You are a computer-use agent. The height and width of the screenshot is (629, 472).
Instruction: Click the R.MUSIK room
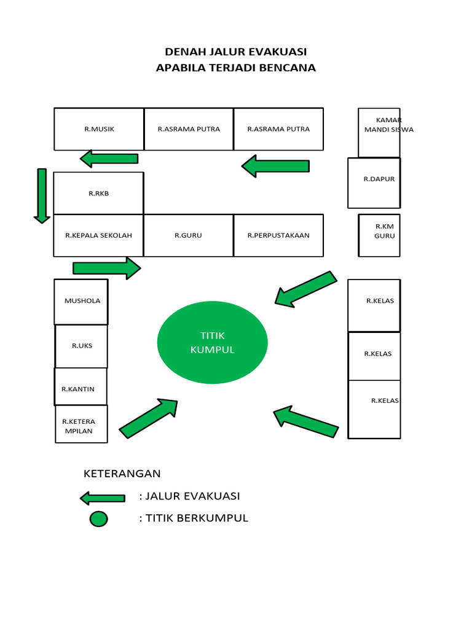pyautogui.click(x=99, y=129)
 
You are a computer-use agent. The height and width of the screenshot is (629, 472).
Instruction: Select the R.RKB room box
pyautogui.click(x=98, y=193)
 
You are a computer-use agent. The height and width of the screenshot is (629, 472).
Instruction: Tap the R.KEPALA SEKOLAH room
pyautogui.click(x=98, y=235)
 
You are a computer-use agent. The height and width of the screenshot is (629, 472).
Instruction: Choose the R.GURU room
pyautogui.click(x=188, y=235)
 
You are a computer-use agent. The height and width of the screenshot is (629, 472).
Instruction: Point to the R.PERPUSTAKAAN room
pyautogui.click(x=278, y=235)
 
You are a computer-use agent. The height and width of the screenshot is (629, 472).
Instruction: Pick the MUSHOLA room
pyautogui.click(x=81, y=302)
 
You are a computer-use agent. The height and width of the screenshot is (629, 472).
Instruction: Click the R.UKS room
pyautogui.click(x=82, y=346)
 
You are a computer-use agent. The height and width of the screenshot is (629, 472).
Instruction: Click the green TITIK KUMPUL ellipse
pyautogui.click(x=213, y=343)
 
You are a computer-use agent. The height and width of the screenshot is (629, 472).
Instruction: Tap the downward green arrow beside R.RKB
pyautogui.click(x=42, y=195)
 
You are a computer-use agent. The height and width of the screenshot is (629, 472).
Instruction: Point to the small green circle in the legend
pyautogui.click(x=99, y=519)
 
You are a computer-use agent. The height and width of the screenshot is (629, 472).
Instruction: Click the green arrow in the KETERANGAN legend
pyautogui.click(x=103, y=498)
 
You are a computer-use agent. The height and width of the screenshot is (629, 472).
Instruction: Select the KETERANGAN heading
pyautogui.click(x=122, y=474)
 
